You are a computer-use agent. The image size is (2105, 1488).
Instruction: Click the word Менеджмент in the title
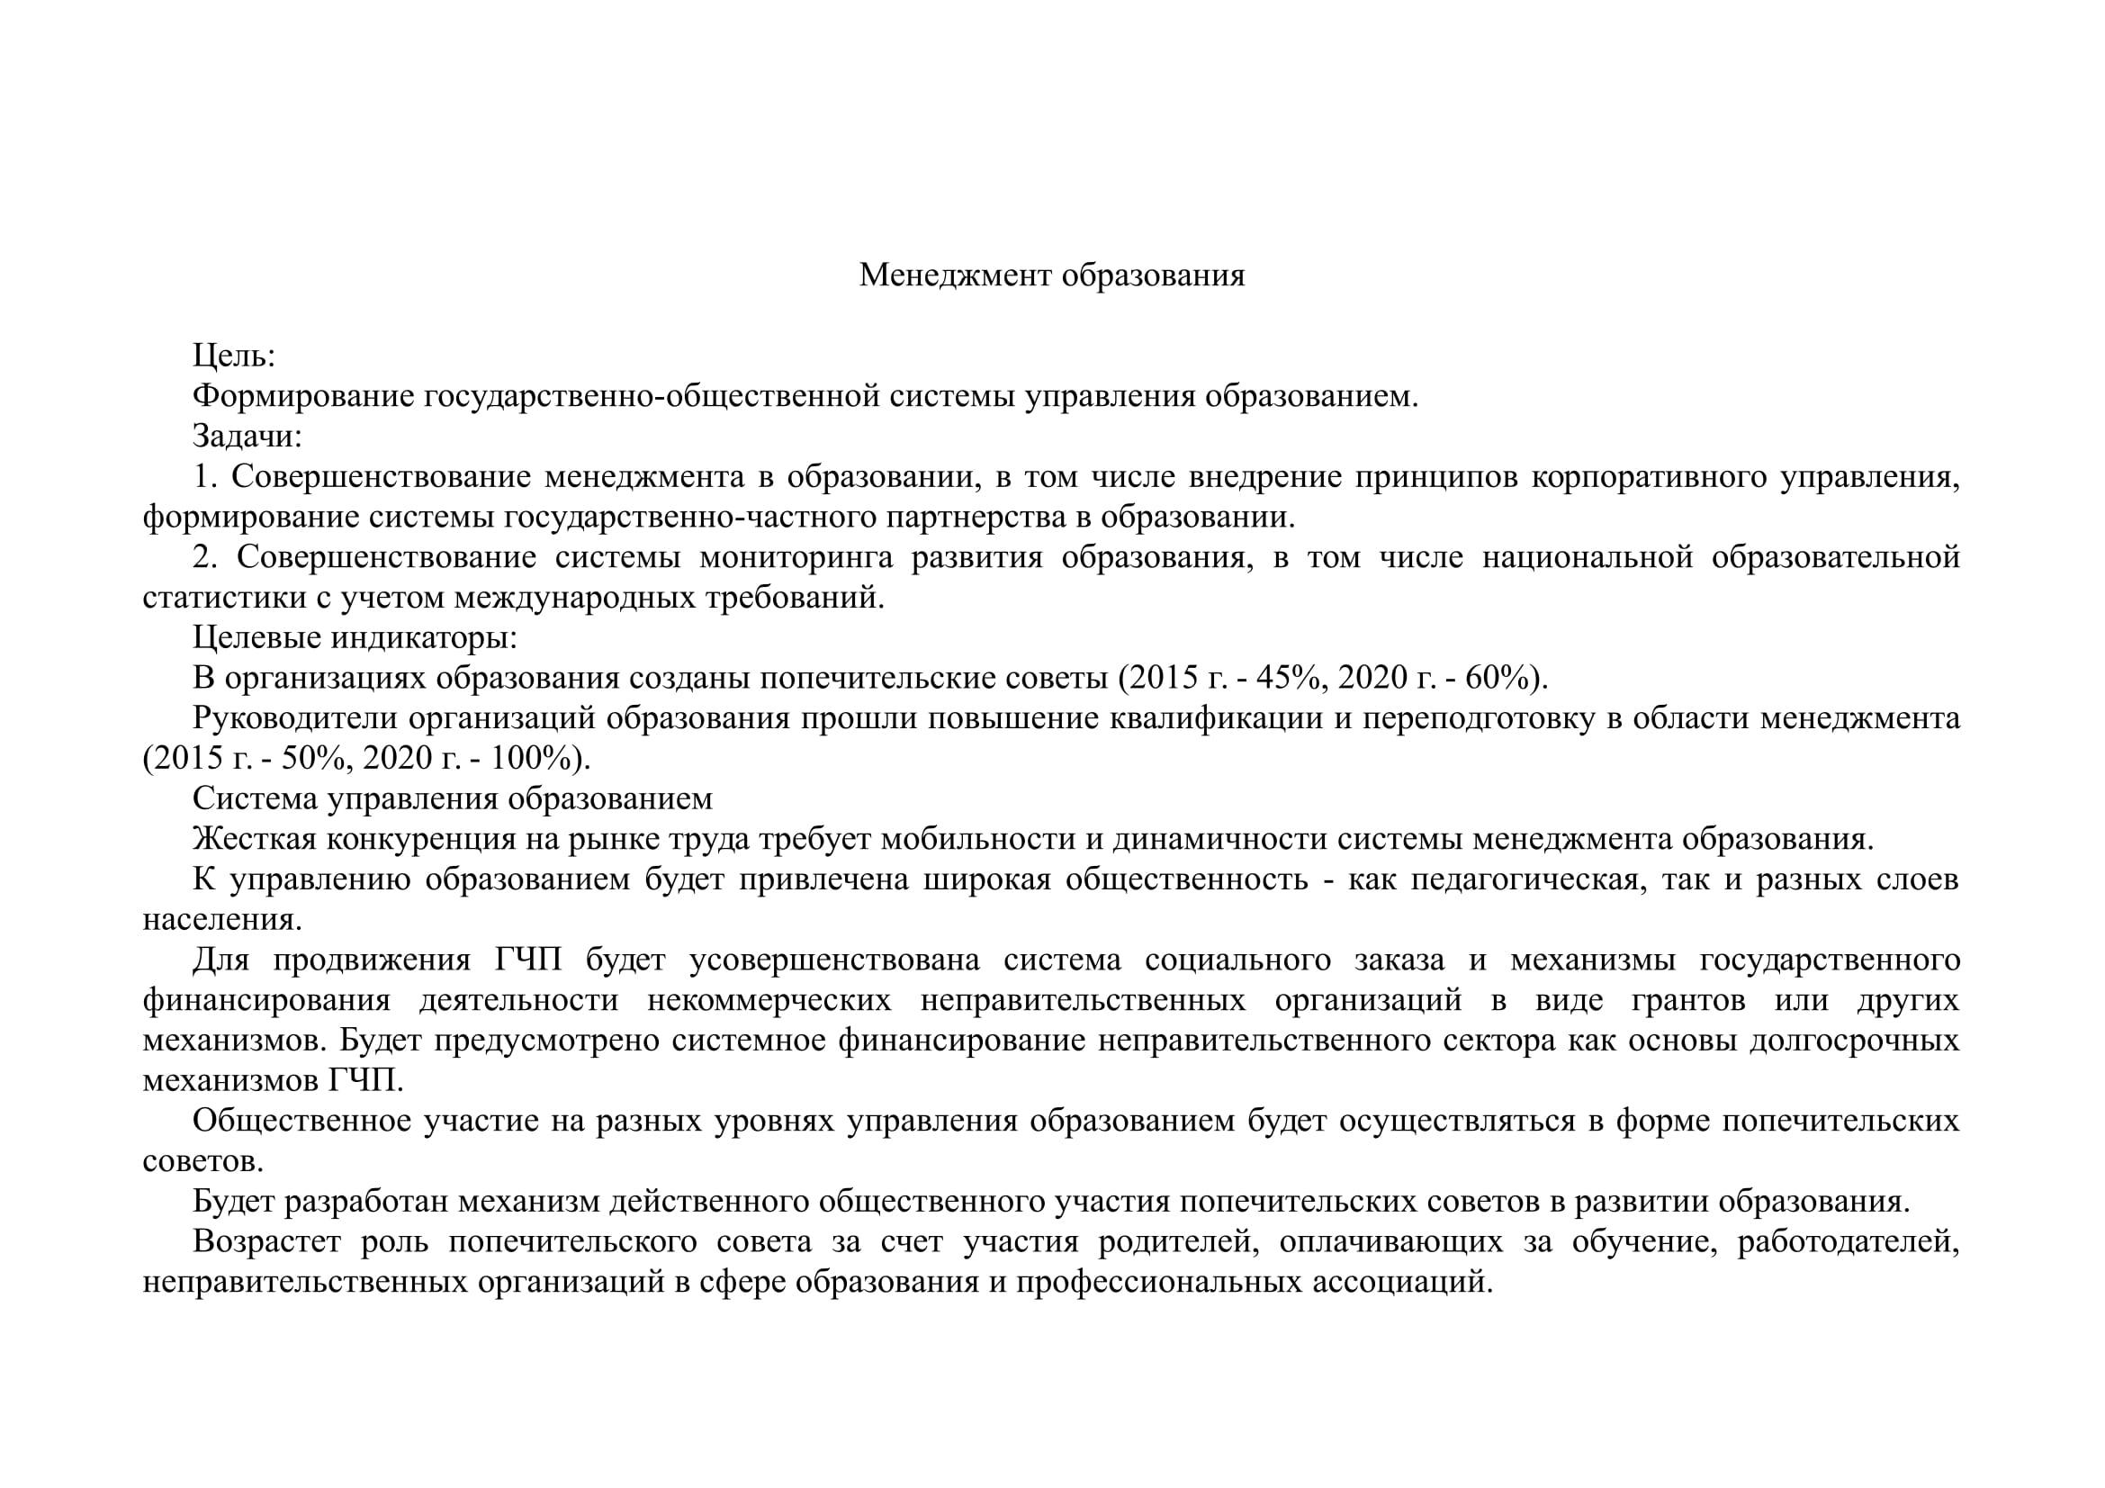pos(954,275)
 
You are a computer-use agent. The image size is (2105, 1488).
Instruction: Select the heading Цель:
pos(234,356)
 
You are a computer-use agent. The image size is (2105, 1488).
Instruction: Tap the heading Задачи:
pos(247,437)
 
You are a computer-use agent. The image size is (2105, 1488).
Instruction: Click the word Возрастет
pos(266,1242)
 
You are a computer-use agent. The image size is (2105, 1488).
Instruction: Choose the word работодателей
pos(1848,1242)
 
